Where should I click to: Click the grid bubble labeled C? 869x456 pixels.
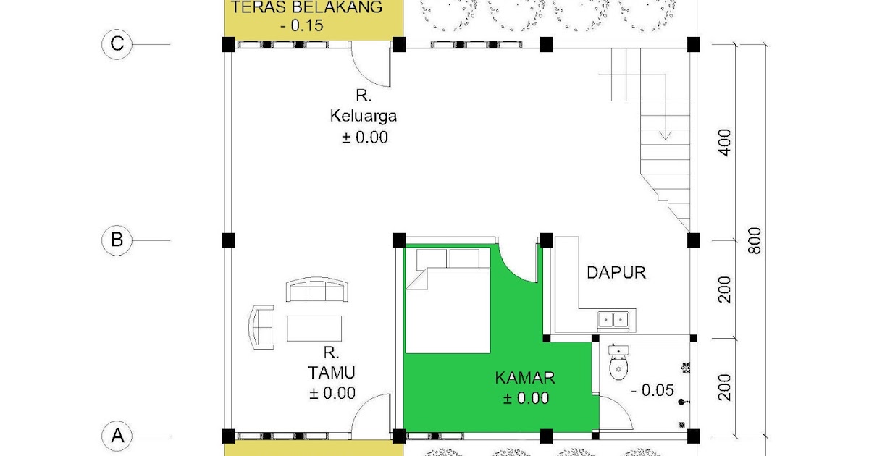click(x=116, y=44)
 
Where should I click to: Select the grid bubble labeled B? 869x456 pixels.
click(x=116, y=240)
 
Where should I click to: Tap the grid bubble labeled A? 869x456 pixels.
click(x=116, y=436)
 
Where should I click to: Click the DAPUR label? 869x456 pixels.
click(x=616, y=273)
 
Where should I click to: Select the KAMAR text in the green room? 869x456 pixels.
click(x=525, y=378)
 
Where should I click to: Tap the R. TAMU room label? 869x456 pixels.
click(x=332, y=373)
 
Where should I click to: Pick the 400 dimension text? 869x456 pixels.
click(x=726, y=142)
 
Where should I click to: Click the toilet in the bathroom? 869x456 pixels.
click(x=618, y=366)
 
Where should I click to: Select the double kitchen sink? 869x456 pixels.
click(x=612, y=318)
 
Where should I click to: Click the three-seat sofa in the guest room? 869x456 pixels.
click(x=319, y=290)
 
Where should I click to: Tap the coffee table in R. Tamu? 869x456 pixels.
click(x=314, y=328)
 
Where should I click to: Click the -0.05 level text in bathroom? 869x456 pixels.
click(x=653, y=391)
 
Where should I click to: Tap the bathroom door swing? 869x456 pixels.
click(x=610, y=414)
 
